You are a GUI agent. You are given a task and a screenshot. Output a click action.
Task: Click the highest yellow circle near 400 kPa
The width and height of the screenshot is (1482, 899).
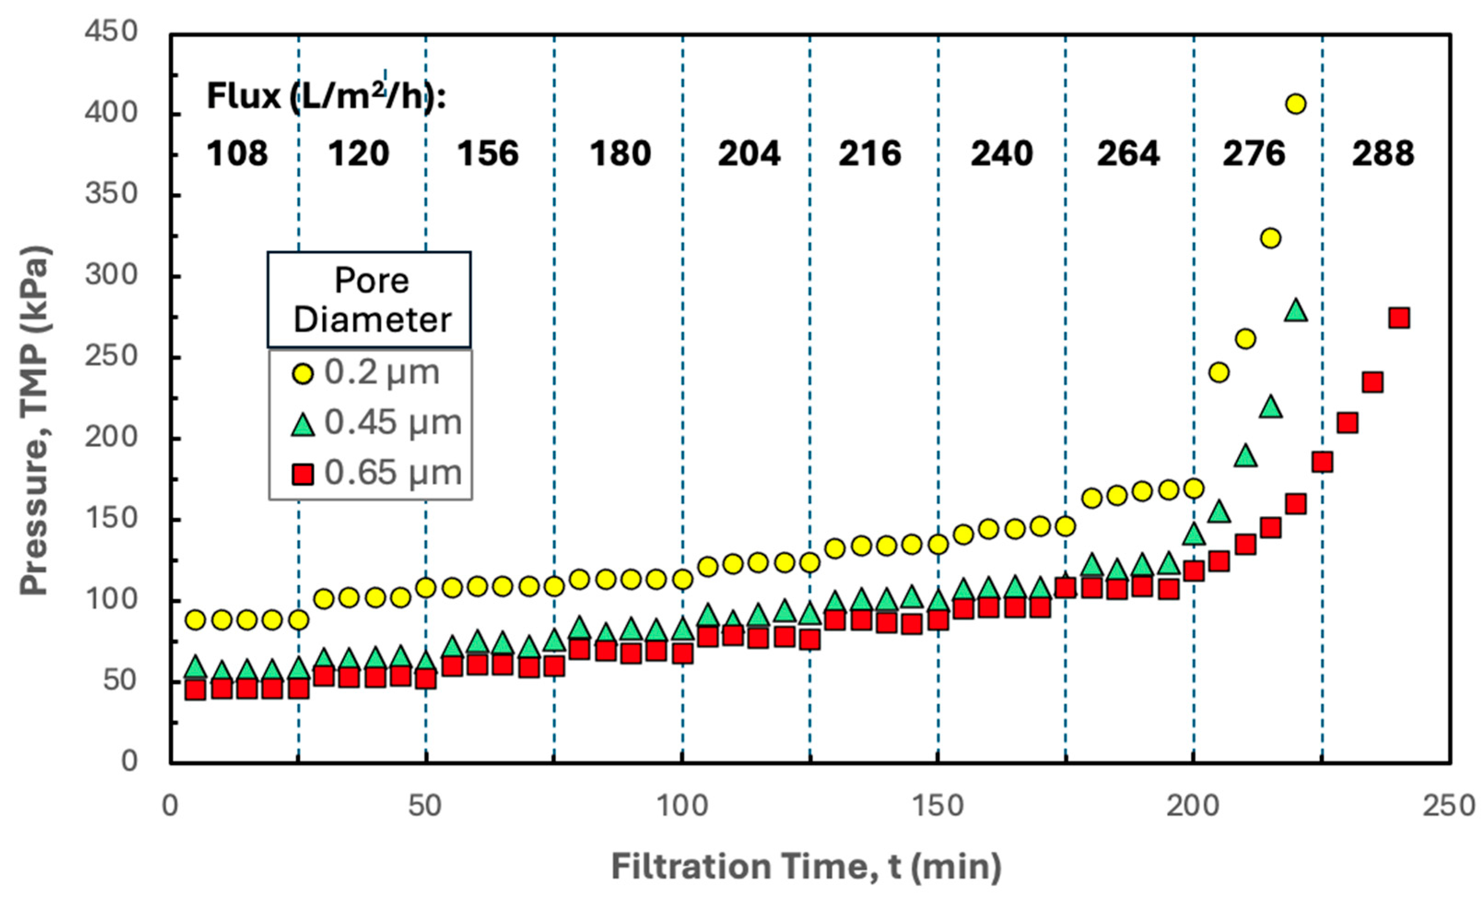click(x=1295, y=104)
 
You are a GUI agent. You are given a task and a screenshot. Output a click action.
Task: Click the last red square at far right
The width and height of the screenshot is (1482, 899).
click(x=1399, y=318)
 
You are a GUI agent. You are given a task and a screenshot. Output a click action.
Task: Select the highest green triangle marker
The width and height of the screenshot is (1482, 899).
click(x=1295, y=311)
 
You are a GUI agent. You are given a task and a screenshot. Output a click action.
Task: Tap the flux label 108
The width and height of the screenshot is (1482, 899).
click(x=237, y=153)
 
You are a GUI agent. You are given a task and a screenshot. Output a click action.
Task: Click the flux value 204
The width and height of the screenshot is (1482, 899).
click(x=749, y=153)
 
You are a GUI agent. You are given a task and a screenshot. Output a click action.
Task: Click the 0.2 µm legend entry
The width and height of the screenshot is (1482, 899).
click(x=367, y=373)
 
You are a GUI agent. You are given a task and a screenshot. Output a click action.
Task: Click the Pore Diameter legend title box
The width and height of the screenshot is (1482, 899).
click(x=369, y=300)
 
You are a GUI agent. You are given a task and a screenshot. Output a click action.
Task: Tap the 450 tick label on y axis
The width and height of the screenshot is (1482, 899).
click(x=112, y=31)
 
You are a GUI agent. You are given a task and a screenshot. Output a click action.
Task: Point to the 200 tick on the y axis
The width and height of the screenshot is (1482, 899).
click(x=112, y=437)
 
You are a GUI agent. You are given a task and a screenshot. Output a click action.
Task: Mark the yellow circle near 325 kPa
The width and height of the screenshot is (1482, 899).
click(x=1270, y=238)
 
